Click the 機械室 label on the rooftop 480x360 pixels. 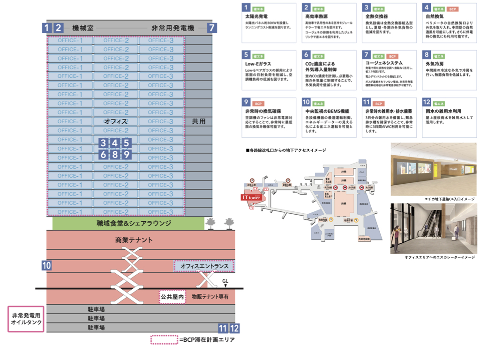(82, 28)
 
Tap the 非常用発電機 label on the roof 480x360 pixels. (173, 28)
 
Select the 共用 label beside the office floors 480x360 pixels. (199, 121)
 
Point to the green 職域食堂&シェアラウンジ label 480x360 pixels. (127, 223)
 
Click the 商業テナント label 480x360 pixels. (134, 240)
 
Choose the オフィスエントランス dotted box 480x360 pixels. (204, 266)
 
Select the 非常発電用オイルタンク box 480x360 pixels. (26, 319)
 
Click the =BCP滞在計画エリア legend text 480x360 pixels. (207, 340)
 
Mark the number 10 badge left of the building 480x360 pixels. (46, 265)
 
